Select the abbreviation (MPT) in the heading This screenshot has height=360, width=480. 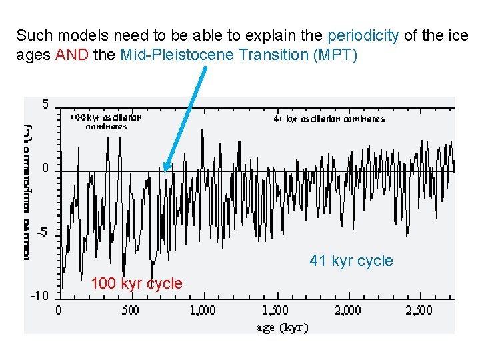[335, 55]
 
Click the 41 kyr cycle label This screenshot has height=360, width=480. [351, 261]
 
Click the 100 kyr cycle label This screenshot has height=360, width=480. [136, 283]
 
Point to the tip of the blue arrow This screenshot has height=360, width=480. [165, 171]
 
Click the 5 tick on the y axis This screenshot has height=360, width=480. [45, 104]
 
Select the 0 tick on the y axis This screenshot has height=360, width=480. [45, 169]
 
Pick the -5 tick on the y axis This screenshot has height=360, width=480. [41, 233]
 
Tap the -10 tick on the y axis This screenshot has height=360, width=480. [39, 295]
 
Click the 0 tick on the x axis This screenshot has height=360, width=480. [58, 310]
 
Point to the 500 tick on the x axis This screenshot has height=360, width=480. [131, 310]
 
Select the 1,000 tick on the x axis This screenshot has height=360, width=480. [202, 310]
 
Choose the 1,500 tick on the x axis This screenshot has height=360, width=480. [275, 310]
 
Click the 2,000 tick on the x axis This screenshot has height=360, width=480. [347, 310]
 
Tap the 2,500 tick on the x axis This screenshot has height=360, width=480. [419, 310]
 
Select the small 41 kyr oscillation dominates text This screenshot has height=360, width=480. [329, 119]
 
